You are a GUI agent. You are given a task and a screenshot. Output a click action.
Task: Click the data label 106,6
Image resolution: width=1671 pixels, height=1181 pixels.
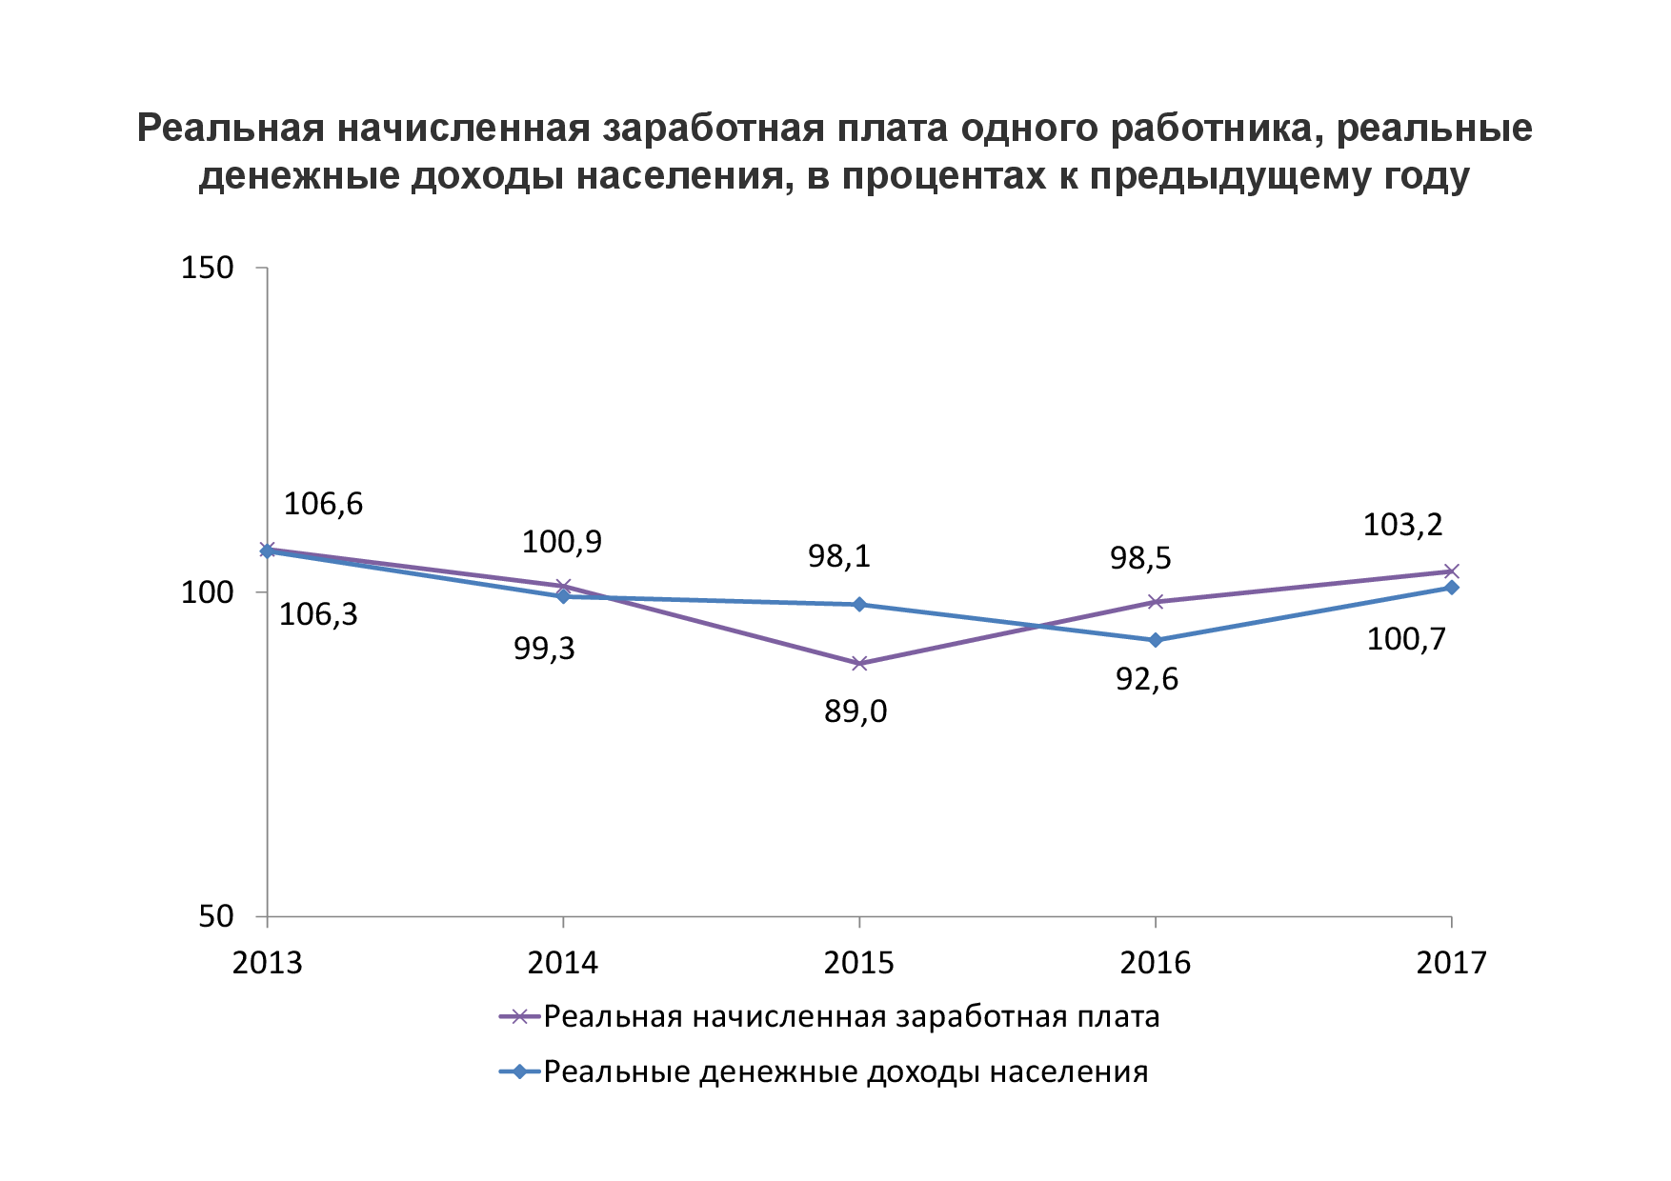pos(323,504)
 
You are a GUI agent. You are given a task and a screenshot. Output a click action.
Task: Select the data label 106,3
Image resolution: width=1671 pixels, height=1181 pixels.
pos(318,614)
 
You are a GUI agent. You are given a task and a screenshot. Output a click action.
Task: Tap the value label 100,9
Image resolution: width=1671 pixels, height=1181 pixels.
pos(561,542)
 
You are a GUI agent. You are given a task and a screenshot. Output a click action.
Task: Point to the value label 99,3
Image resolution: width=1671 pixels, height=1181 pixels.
pos(544,649)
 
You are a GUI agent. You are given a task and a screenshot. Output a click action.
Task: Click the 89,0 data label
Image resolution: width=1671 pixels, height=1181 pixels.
pos(856,711)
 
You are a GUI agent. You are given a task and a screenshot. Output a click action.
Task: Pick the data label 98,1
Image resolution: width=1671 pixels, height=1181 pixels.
pos(839,556)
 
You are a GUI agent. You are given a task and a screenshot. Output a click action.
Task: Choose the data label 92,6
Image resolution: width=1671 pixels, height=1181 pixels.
pos(1147,679)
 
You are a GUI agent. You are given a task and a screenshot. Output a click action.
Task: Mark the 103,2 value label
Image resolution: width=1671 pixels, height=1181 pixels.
pos(1402,525)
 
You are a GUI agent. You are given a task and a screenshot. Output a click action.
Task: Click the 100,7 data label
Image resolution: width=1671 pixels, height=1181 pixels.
pos(1405,639)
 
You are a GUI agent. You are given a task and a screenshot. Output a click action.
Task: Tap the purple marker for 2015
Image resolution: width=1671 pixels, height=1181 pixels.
pos(859,664)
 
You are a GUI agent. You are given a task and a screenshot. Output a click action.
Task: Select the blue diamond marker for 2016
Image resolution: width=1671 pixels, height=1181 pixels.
pos(1156,640)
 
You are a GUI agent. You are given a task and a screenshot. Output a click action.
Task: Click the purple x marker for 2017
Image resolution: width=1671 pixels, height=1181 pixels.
pos(1451,571)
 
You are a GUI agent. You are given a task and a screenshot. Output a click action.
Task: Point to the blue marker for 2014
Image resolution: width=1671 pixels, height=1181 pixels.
pos(563,596)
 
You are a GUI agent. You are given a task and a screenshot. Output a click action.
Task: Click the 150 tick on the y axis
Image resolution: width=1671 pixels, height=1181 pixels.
pos(208,268)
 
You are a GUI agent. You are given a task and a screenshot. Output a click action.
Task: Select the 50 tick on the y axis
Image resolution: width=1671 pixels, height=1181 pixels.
pos(216,916)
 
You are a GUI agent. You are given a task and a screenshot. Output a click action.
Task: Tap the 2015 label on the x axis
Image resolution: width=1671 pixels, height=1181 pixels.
pos(859,963)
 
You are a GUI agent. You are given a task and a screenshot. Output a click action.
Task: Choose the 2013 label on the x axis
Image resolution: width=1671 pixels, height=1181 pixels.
pos(268,963)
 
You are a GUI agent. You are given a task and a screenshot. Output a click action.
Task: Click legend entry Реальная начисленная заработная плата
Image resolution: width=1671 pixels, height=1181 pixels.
pos(851,1017)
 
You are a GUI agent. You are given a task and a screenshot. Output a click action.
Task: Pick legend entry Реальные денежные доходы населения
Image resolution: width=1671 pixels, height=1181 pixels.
pos(845,1072)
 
